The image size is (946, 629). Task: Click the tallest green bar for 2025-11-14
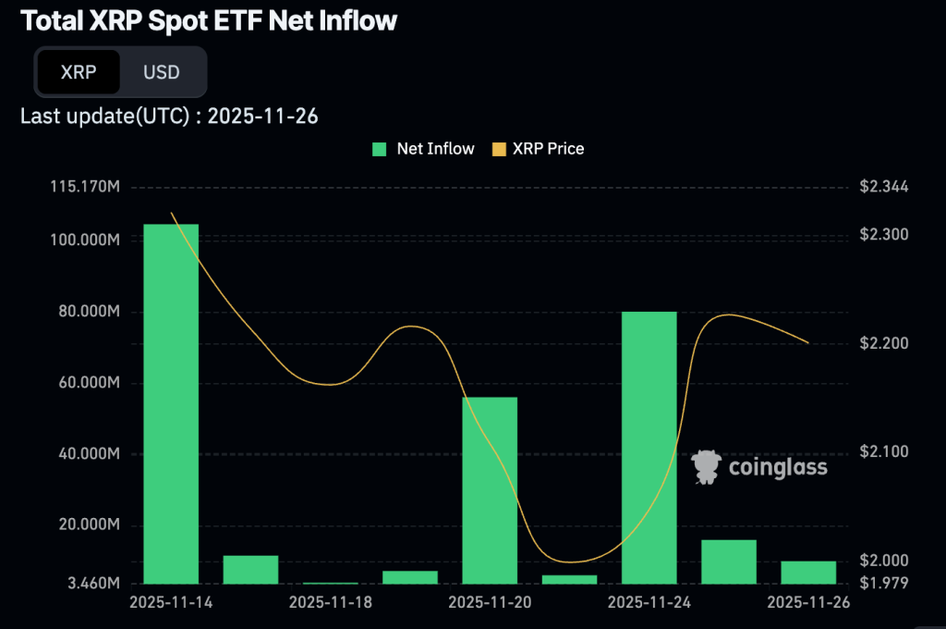click(171, 403)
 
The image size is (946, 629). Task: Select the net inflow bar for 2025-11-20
click(490, 490)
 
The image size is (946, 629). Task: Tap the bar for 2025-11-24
click(649, 448)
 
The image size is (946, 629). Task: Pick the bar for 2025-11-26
click(808, 573)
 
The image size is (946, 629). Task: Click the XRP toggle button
click(79, 72)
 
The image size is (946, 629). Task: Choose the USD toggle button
click(162, 72)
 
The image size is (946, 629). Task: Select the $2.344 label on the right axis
click(884, 188)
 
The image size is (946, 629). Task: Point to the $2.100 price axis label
click(884, 451)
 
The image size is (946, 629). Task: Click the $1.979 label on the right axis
click(884, 583)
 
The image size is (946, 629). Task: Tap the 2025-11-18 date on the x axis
click(330, 602)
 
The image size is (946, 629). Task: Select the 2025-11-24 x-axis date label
click(649, 602)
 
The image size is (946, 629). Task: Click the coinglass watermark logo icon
click(707, 467)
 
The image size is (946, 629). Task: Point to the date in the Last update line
click(263, 116)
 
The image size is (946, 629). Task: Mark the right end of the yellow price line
click(809, 343)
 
